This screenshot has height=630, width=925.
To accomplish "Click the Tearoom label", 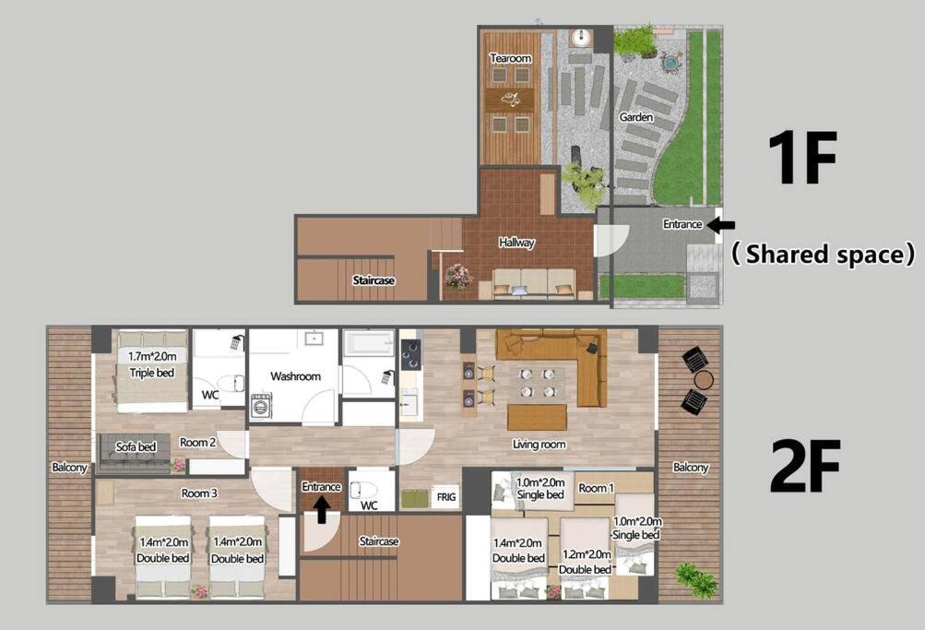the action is pos(511,58).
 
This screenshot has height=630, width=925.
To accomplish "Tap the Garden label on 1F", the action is pos(636,117).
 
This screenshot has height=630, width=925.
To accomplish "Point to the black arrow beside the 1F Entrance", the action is pos(720,224).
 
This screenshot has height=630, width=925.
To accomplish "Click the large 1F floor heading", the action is pos(802,158).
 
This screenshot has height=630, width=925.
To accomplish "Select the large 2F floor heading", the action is pos(805,466).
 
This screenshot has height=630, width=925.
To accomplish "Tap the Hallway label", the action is pos(516,243).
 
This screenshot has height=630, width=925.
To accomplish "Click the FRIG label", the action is pos(446,497).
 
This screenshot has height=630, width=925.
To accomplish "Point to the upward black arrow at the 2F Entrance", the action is pos(322,509).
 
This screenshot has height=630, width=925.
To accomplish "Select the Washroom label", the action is pos(295,376).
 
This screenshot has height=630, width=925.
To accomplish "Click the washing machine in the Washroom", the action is pos(261,405).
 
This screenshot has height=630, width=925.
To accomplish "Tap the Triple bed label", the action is pos(151,373).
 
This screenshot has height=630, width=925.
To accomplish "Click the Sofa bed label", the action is pos(136,446).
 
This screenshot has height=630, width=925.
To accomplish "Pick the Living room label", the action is pos(540,445).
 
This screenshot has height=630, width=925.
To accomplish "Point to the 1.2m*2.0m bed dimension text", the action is pos(587,554).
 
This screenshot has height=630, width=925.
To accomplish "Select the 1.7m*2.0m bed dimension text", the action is pos(152,356).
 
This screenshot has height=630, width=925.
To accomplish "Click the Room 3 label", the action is pos(199,493).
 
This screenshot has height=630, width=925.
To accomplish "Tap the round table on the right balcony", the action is pos(704,380).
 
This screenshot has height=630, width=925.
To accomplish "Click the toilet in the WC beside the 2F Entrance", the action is pos(360,490).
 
